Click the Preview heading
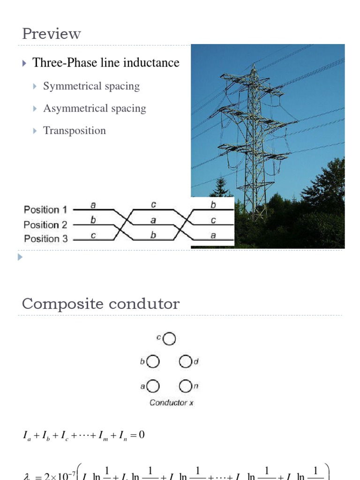click(52, 34)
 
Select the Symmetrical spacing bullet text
click(91, 86)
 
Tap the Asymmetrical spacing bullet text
click(95, 108)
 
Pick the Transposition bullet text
click(75, 130)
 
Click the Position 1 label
click(45, 210)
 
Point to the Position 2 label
click(45, 224)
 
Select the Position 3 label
click(45, 239)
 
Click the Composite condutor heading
click(101, 304)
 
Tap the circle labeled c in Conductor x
click(170, 338)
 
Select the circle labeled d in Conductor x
click(186, 362)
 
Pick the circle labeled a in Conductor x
click(153, 386)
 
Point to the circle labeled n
click(186, 386)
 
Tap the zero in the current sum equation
click(141, 435)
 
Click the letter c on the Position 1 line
click(153, 205)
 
